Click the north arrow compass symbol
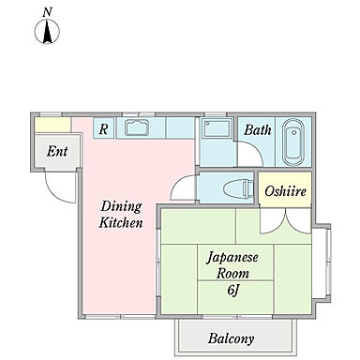click(x=47, y=31)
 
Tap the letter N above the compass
click(x=47, y=12)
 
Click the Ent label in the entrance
click(x=57, y=151)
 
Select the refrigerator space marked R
click(x=104, y=128)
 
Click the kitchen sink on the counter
click(x=137, y=127)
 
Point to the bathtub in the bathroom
click(x=293, y=142)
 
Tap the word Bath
click(x=258, y=129)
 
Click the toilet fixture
click(x=239, y=188)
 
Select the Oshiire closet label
click(x=285, y=191)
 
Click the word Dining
click(x=121, y=207)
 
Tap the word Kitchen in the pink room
click(x=121, y=223)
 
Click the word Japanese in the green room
click(x=232, y=258)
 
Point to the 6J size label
click(x=233, y=291)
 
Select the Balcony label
click(x=231, y=338)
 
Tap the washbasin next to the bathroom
click(x=217, y=127)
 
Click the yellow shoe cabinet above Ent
click(x=52, y=125)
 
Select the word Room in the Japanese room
click(x=232, y=274)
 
